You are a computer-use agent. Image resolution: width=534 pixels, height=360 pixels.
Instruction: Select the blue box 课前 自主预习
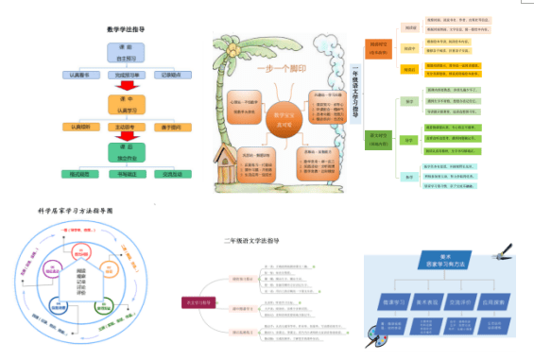click(131, 52)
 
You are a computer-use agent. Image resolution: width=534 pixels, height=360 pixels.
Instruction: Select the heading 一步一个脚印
click(283, 69)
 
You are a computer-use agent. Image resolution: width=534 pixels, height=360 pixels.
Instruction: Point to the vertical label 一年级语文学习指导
click(356, 94)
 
